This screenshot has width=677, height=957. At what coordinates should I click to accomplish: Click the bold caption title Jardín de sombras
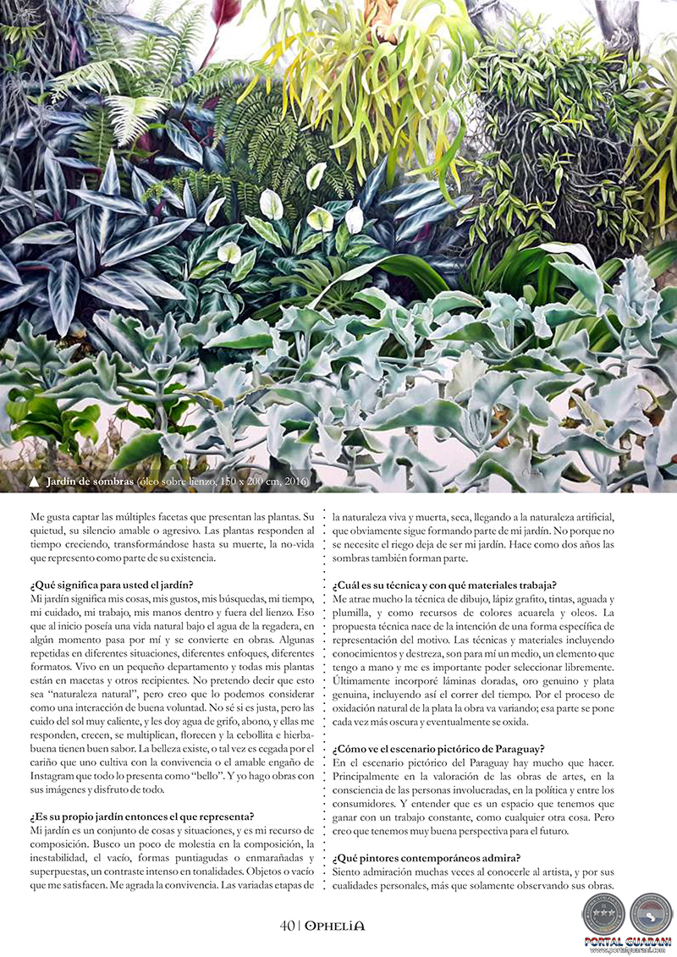(x=90, y=482)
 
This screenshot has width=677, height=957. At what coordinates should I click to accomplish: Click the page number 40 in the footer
(x=287, y=925)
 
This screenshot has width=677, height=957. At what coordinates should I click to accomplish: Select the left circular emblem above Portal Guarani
(x=603, y=913)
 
